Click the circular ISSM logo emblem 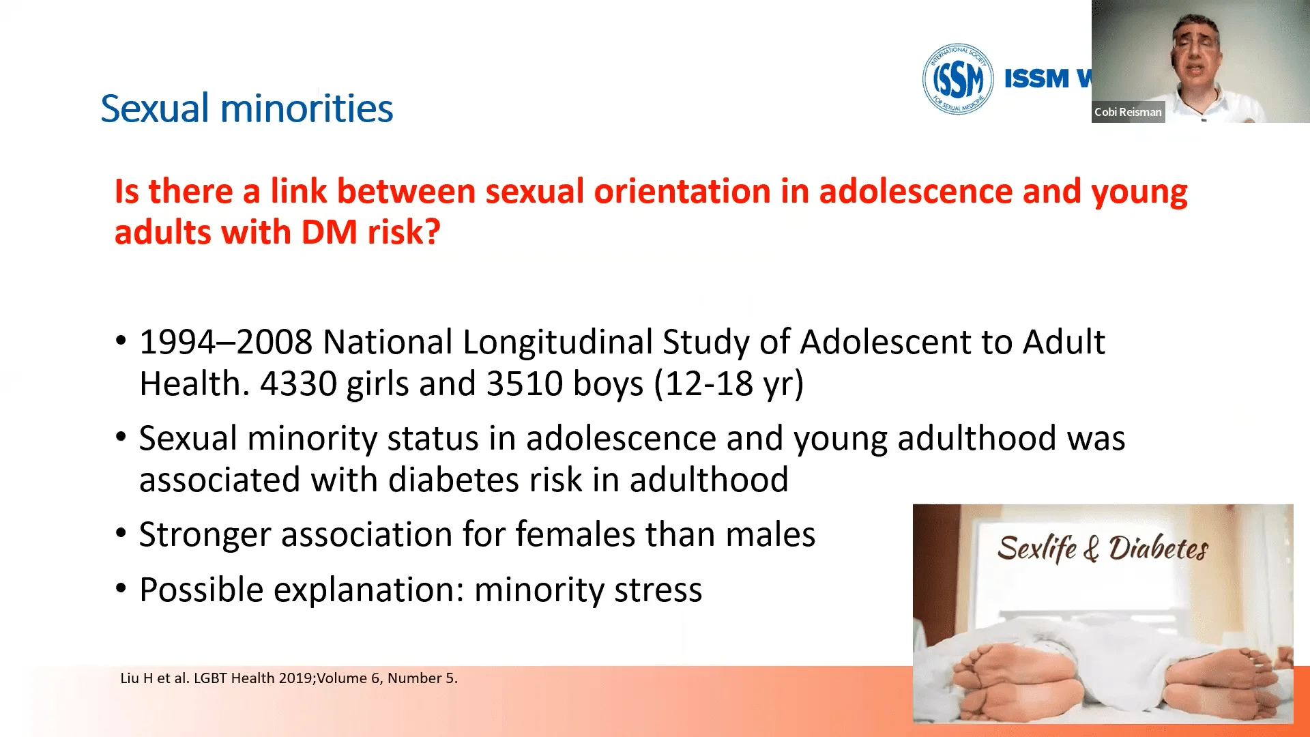pos(958,78)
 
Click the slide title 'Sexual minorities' pos(247,109)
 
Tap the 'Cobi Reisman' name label pos(1128,112)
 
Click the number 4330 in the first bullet pos(299,384)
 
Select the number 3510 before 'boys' pos(525,384)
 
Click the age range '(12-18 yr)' pos(729,384)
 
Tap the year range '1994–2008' pos(226,342)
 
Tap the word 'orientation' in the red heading pos(682,191)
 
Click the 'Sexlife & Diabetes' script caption pos(1103,549)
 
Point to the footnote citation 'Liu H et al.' pos(155,678)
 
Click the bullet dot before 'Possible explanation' pos(121,588)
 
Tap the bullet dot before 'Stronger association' pos(121,533)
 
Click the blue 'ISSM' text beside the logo pos(1036,78)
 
